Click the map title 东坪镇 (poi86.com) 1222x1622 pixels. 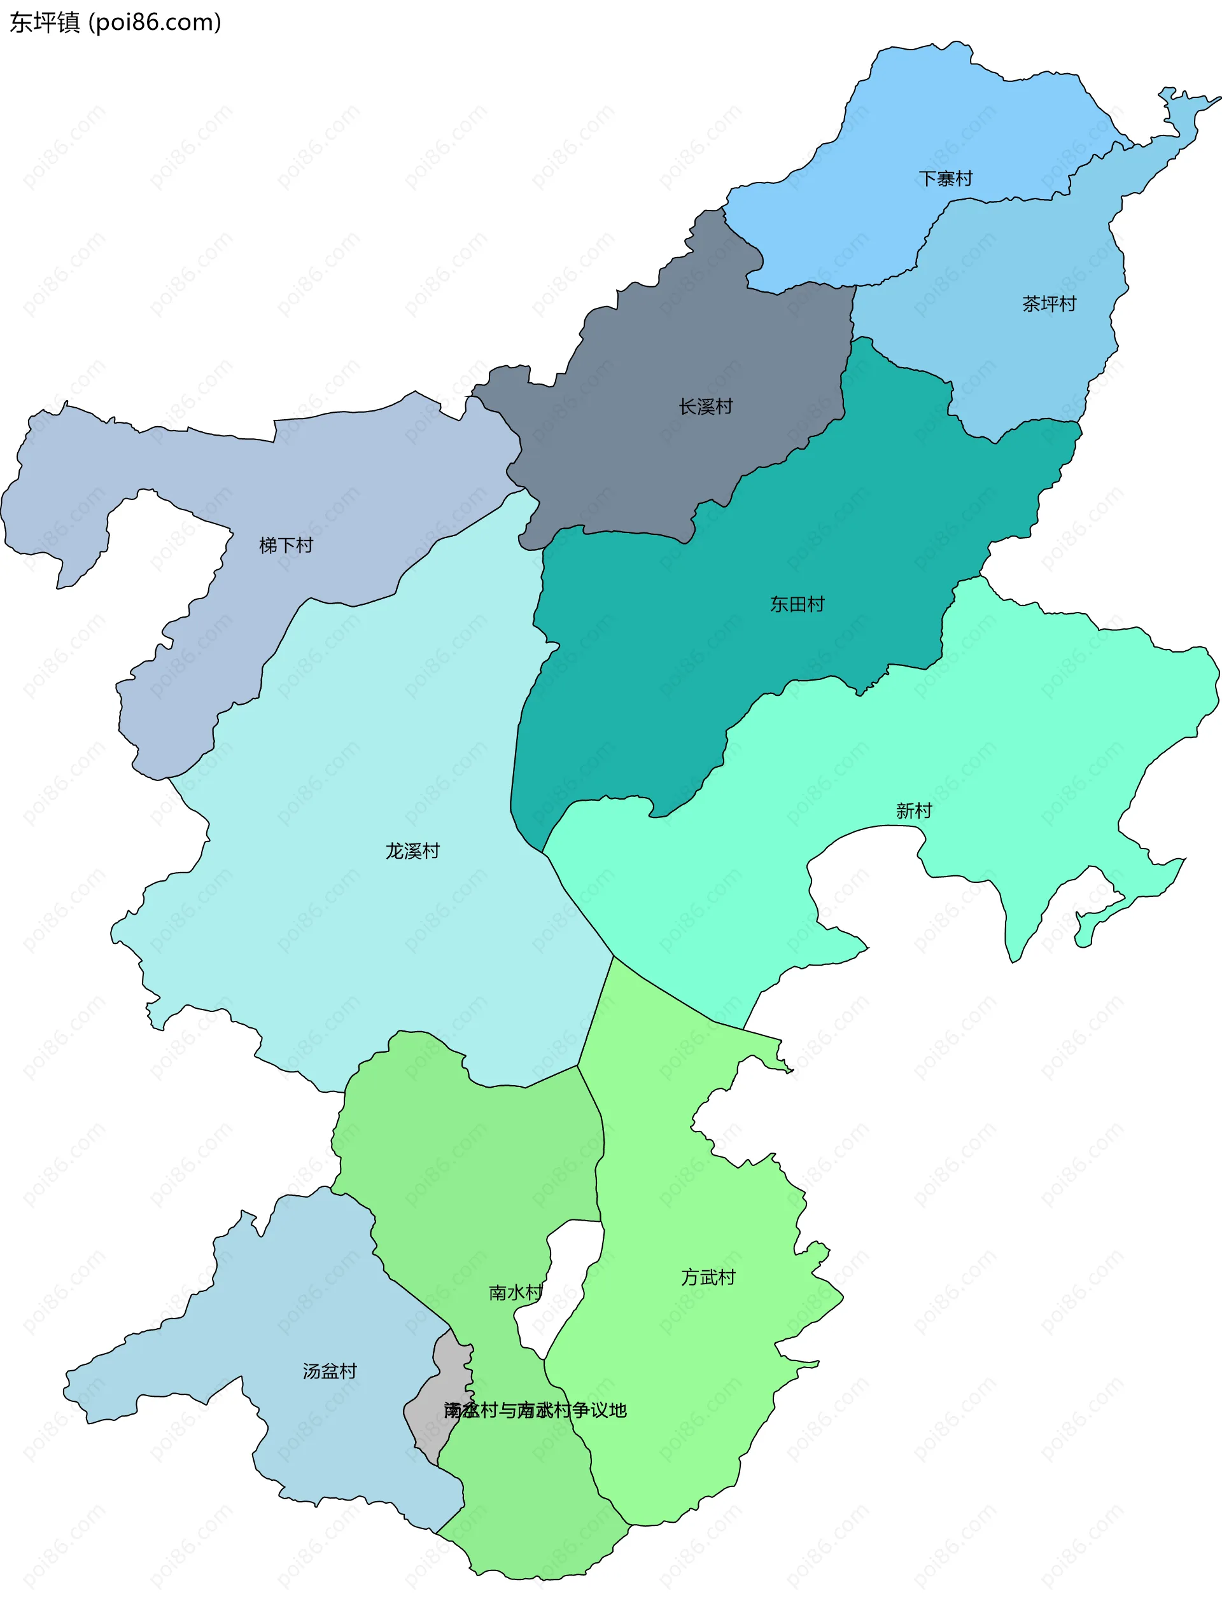[115, 23]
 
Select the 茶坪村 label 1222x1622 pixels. [1049, 303]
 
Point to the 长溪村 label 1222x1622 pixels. [706, 406]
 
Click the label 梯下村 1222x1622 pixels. [286, 545]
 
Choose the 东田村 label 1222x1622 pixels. [797, 604]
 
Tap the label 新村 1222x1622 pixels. [913, 810]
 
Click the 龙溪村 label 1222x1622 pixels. [412, 850]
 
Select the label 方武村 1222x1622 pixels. [708, 1277]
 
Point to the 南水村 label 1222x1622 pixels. [516, 1292]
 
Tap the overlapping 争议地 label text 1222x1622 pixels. [535, 1410]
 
